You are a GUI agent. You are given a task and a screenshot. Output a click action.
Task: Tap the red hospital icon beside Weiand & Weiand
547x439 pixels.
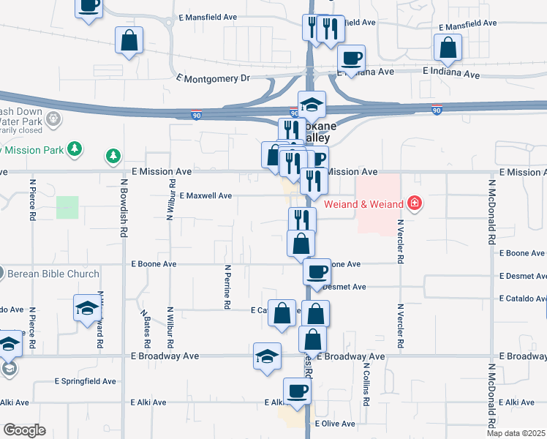pos(415,202)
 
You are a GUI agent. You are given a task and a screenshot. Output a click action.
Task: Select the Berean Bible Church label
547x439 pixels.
pos(53,274)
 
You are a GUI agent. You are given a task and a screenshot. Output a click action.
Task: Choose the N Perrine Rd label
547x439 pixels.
pos(228,286)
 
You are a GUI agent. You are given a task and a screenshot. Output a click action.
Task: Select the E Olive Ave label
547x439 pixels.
pos(335,424)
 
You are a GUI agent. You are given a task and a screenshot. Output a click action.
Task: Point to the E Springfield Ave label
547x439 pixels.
pos(86,381)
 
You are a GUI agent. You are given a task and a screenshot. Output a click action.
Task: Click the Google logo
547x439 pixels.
pos(24,430)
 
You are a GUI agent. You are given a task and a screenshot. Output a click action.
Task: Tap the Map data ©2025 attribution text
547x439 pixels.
pos(516,433)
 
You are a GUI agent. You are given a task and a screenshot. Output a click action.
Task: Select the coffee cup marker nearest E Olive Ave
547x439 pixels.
pos(296,390)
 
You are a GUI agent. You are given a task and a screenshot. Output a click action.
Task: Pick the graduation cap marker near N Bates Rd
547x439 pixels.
pos(87,308)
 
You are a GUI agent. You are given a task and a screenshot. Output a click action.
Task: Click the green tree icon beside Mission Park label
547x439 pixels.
pos(73,149)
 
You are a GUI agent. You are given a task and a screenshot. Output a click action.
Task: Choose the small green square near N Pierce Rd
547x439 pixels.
pos(67,207)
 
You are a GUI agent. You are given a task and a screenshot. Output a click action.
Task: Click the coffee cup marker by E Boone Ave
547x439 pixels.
pos(317,272)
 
